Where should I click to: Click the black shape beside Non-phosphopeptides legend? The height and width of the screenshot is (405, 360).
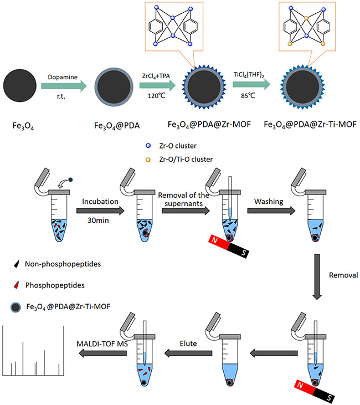[x=13, y=265]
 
